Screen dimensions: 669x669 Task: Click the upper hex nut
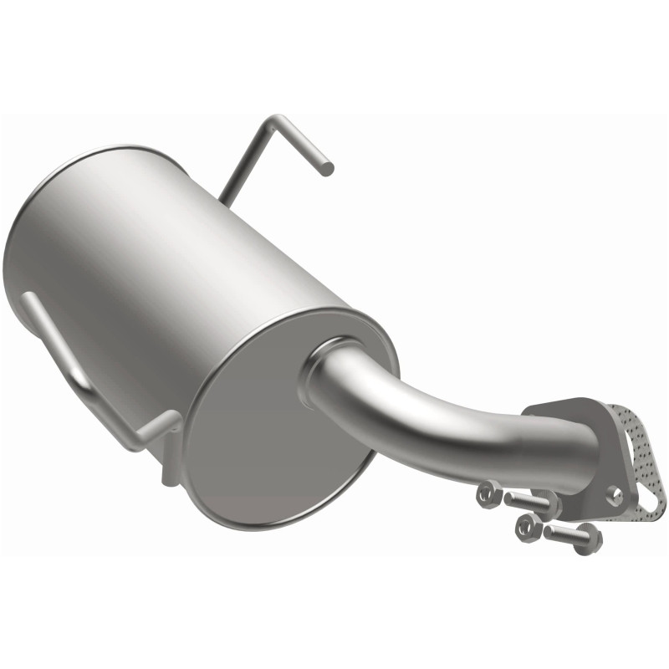[489, 494]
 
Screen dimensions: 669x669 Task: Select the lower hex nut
[529, 526]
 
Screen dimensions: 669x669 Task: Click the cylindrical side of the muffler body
[167, 268]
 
